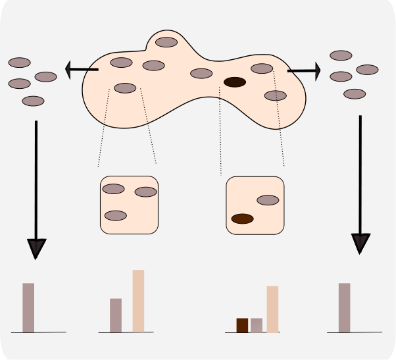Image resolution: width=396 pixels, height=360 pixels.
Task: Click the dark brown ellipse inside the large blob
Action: pos(235,82)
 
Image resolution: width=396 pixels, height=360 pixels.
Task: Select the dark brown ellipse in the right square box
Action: pos(243,219)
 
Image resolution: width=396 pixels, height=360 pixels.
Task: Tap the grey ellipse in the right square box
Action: pos(268,200)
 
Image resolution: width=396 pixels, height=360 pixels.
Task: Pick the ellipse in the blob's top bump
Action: pos(166,42)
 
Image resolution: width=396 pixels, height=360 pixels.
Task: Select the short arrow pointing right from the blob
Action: pos(303,70)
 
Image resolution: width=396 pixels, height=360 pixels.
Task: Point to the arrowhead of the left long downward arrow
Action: pos(36,249)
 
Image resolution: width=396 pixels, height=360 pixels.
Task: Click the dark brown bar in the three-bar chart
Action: pos(242,325)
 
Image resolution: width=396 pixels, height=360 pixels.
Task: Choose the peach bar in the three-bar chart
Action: pos(272,309)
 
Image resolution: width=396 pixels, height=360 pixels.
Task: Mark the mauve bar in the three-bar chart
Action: pos(257,325)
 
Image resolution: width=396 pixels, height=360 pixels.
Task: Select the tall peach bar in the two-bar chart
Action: pos(138,301)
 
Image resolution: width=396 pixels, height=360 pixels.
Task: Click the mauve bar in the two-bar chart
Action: pos(116,315)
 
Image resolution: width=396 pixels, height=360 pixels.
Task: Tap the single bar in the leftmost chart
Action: pos(28,307)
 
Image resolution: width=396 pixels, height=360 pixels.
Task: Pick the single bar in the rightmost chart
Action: pos(344,307)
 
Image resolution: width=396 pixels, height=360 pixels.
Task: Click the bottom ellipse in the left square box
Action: pos(116,215)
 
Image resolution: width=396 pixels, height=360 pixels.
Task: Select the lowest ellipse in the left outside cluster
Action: pos(33,101)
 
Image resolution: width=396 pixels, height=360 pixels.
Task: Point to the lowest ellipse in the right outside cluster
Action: pos(355,94)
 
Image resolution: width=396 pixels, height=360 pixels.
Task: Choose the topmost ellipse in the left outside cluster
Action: pos(20,63)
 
